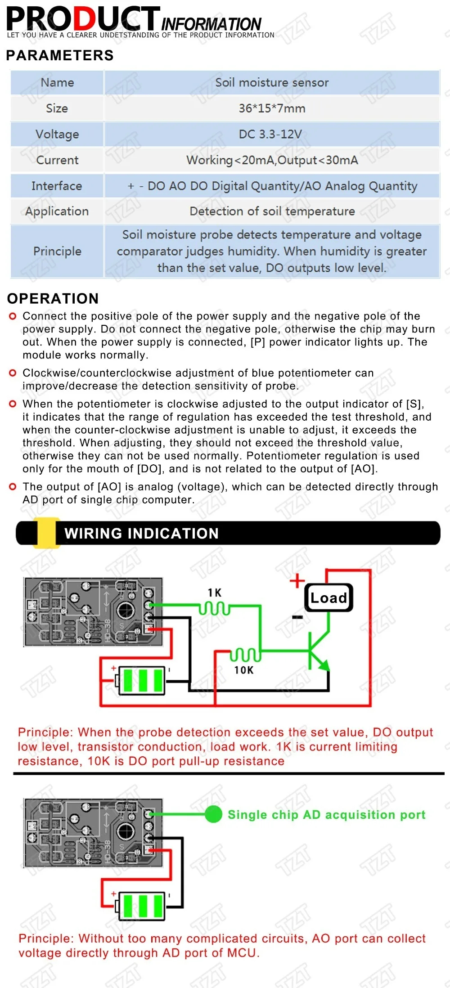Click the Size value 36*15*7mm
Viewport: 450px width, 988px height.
pos(272,108)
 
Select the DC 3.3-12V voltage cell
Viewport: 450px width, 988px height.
pos(272,134)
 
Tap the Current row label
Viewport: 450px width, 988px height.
pos(57,160)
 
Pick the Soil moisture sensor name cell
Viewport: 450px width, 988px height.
pos(272,83)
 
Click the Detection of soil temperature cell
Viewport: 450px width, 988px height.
pos(272,211)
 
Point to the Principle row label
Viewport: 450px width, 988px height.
pos(57,251)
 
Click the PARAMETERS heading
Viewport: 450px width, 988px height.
pos(60,55)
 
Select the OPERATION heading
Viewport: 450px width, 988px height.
pos(53,298)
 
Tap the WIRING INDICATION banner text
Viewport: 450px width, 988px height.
pos(141,534)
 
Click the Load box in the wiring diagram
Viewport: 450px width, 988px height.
pos(328,598)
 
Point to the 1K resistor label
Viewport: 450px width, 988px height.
pos(215,593)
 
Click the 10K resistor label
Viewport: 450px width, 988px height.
pos(243,670)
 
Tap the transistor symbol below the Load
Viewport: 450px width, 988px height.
pos(317,652)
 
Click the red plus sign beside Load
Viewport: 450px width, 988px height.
pos(297,580)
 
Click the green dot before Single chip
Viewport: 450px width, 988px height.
pos(213,814)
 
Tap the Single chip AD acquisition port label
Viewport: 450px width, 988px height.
pos(326,815)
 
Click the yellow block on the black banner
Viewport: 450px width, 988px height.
pos(46,533)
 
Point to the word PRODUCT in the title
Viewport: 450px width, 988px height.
pos(83,19)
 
